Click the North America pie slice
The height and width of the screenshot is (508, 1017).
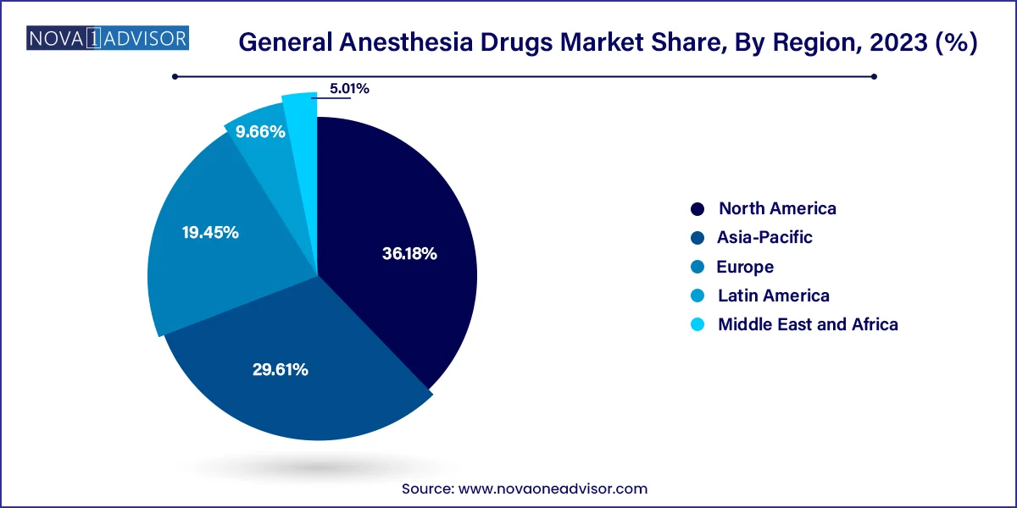pyautogui.click(x=398, y=220)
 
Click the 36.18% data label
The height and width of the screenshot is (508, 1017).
pyautogui.click(x=408, y=253)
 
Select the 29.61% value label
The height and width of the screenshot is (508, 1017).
pyautogui.click(x=280, y=369)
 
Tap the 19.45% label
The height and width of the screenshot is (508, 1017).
pyautogui.click(x=210, y=232)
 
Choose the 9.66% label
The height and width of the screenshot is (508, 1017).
pyautogui.click(x=260, y=132)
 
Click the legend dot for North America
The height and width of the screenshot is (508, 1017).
pyautogui.click(x=697, y=208)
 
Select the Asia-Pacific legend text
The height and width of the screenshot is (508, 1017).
pyautogui.click(x=764, y=237)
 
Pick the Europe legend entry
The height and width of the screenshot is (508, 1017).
pyautogui.click(x=745, y=267)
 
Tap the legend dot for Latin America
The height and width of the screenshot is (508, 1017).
pyautogui.click(x=697, y=295)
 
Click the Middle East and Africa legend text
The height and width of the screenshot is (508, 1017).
pyautogui.click(x=808, y=324)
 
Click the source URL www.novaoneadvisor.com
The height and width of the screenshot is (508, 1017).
pyautogui.click(x=553, y=489)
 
